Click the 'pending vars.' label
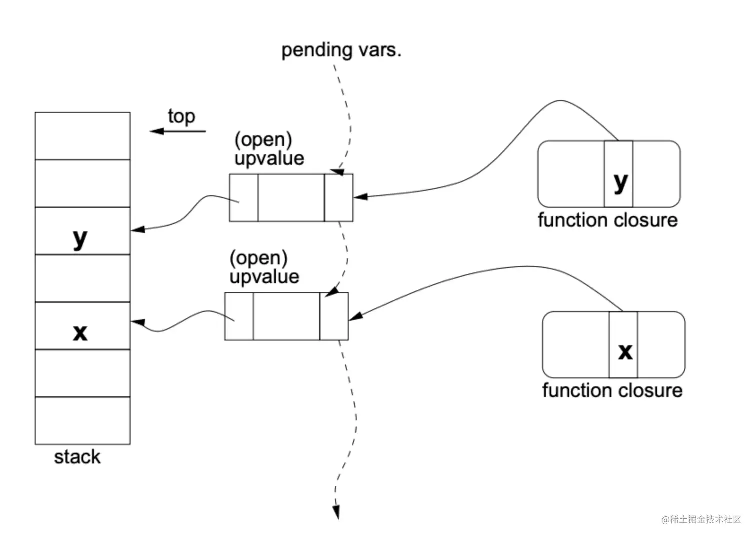click(341, 50)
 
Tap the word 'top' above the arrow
click(181, 116)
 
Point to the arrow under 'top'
click(178, 131)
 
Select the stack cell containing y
click(82, 231)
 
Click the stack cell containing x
click(82, 326)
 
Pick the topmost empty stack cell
click(82, 136)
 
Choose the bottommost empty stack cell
click(82, 421)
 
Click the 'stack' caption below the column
click(77, 457)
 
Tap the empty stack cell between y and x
click(82, 278)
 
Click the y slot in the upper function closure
click(619, 174)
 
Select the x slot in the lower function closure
click(623, 345)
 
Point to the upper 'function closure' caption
click(607, 220)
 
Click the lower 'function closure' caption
click(612, 390)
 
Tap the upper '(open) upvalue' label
click(269, 149)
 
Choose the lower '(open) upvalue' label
click(264, 267)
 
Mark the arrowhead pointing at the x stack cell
click(138, 322)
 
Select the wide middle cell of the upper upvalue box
click(291, 198)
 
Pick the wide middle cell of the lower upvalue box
click(286, 316)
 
